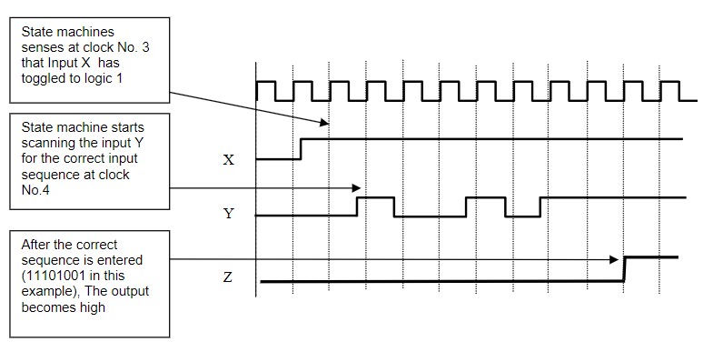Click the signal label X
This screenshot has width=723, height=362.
click(228, 160)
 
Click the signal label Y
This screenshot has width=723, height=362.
click(228, 215)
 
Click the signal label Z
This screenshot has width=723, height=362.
click(228, 277)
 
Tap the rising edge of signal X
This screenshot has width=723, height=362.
click(301, 148)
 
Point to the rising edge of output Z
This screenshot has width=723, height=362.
click(624, 270)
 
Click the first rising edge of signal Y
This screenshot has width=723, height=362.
click(357, 206)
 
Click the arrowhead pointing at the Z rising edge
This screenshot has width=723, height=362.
click(617, 259)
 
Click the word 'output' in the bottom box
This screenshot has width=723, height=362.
click(129, 291)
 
